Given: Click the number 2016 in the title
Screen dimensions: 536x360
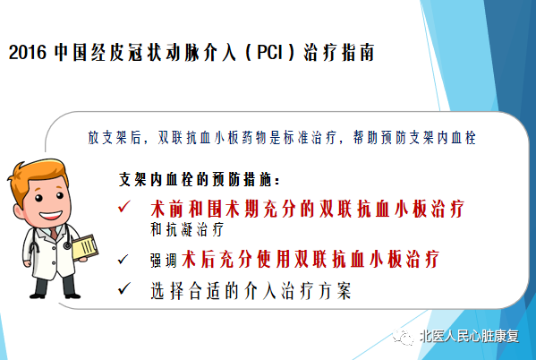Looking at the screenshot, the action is (27, 53).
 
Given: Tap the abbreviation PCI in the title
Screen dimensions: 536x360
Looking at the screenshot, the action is (270, 52).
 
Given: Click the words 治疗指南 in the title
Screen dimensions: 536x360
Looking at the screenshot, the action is (339, 52).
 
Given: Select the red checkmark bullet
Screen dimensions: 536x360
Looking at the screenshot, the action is (123, 206).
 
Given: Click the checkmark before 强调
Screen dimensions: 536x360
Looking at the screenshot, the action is (123, 259).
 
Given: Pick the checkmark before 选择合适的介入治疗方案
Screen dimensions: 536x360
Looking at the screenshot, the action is (124, 288).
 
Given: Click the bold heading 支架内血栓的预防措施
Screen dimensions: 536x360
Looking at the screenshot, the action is (200, 179).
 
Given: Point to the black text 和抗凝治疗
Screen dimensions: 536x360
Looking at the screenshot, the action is (187, 229).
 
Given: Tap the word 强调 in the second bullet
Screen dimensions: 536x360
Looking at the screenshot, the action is (164, 261).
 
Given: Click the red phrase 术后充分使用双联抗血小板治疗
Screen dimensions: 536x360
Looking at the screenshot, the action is (311, 259).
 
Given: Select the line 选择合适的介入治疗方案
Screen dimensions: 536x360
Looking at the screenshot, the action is (251, 291).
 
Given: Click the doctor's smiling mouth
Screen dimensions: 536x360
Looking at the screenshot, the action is (51, 216).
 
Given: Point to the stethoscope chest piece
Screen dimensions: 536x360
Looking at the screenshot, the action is (67, 245).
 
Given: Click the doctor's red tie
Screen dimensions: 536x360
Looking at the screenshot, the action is (54, 233).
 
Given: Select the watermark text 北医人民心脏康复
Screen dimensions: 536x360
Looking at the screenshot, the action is (469, 336).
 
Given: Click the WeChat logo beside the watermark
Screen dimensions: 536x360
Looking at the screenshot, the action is (404, 337).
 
